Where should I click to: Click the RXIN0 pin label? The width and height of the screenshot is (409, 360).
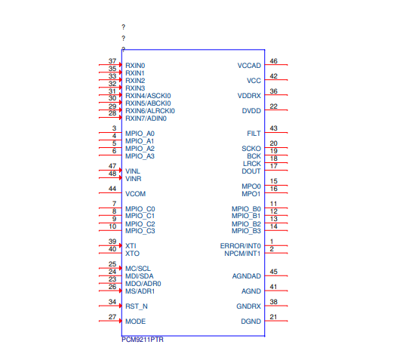pos(135,66)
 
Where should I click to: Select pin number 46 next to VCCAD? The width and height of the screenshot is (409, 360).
pos(273,61)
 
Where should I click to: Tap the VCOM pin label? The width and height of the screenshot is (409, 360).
pos(136,193)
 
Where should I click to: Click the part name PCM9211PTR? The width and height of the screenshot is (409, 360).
pos(143,340)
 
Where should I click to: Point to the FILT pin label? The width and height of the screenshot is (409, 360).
pos(254,133)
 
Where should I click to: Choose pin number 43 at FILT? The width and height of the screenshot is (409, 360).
pos(273,128)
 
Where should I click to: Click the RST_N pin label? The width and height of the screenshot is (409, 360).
pos(137,306)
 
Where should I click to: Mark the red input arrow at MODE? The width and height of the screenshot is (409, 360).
pos(119,321)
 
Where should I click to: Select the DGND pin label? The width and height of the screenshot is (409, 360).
pos(251,322)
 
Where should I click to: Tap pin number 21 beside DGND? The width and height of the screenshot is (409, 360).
pos(273,317)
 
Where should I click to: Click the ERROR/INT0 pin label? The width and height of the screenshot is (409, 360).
pos(241,246)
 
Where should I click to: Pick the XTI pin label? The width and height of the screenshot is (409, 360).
pos(131,246)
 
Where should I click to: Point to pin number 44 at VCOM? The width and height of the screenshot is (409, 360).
pos(112,189)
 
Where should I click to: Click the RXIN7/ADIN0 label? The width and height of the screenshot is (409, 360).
pos(146,118)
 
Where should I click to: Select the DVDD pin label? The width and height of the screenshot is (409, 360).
pos(251,111)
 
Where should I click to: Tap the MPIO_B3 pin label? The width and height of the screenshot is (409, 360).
pos(246,231)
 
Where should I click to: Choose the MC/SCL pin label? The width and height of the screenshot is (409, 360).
pos(138,269)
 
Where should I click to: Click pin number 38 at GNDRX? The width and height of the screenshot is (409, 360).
pos(273,302)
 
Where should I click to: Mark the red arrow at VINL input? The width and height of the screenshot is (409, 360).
pos(119,171)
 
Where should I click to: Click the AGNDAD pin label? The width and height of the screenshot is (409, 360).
pos(247,276)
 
